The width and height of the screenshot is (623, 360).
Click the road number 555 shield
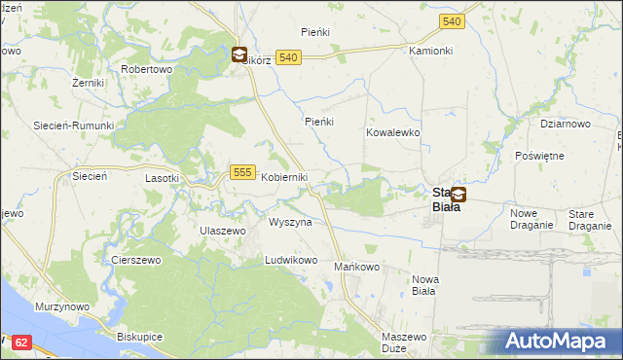(x=243, y=172)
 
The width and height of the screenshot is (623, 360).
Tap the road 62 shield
(x=23, y=342)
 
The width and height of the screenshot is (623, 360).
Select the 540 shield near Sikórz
(x=286, y=58)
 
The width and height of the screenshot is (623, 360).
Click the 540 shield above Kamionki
(x=451, y=20)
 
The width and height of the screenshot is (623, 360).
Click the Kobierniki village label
(x=284, y=177)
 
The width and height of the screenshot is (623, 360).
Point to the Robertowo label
(x=146, y=70)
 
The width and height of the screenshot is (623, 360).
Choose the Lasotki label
(x=162, y=178)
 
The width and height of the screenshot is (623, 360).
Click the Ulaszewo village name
(x=223, y=230)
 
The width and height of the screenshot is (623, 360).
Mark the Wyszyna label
(x=290, y=222)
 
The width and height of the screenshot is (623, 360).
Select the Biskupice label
(x=138, y=338)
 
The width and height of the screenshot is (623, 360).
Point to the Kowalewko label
(x=392, y=131)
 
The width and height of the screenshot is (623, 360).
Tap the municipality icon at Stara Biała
(x=458, y=194)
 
